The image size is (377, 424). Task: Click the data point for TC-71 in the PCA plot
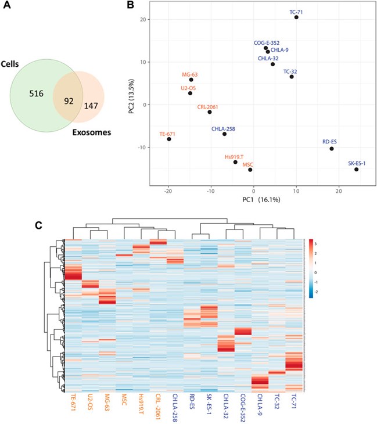click(296, 17)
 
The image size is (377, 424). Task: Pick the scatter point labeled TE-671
click(168, 139)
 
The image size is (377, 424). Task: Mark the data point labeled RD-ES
click(331, 149)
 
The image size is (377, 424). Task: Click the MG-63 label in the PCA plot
click(190, 74)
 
